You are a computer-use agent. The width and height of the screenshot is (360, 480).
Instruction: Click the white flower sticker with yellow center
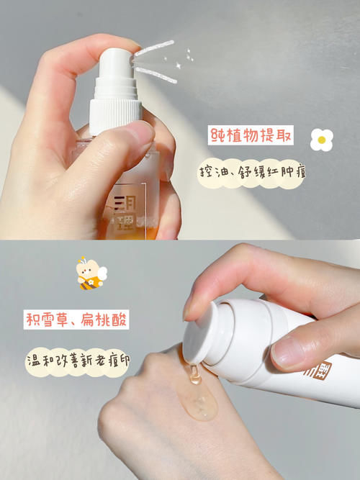(321, 140)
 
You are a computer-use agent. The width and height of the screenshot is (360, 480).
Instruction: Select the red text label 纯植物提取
(251, 135)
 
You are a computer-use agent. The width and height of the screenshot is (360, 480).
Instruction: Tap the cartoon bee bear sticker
(91, 273)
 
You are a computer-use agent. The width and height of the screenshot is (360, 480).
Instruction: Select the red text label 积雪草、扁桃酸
(76, 320)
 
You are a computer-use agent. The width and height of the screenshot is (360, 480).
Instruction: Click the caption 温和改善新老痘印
(78, 361)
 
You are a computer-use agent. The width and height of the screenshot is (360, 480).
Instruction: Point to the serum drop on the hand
(199, 395)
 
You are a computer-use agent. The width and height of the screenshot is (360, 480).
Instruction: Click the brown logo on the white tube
(319, 371)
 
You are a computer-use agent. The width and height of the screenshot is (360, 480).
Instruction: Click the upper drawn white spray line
(154, 48)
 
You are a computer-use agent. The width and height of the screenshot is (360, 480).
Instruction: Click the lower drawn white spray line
(156, 76)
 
